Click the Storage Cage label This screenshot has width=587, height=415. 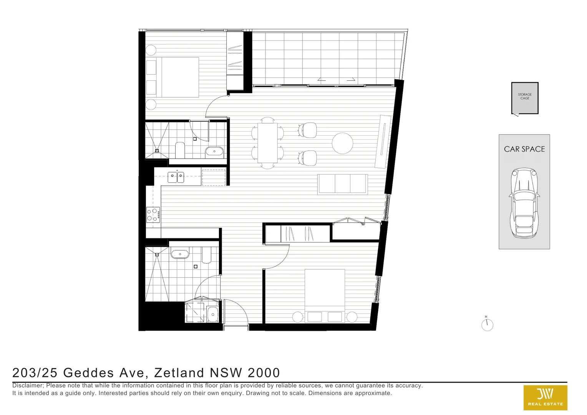(x=524, y=96)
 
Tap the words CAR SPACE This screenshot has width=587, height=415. (x=524, y=149)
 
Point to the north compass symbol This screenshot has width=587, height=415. (x=487, y=324)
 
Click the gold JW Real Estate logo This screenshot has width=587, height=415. (x=545, y=397)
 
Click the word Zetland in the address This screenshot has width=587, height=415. (x=179, y=373)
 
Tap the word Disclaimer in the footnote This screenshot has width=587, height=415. (x=28, y=385)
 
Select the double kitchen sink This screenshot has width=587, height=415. (x=176, y=178)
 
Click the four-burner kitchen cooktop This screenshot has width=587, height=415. (x=153, y=215)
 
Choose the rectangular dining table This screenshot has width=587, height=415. (x=267, y=143)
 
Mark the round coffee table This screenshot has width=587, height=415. (x=342, y=143)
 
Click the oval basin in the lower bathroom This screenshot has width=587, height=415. (x=180, y=254)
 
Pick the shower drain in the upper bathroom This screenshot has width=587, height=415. (x=157, y=151)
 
